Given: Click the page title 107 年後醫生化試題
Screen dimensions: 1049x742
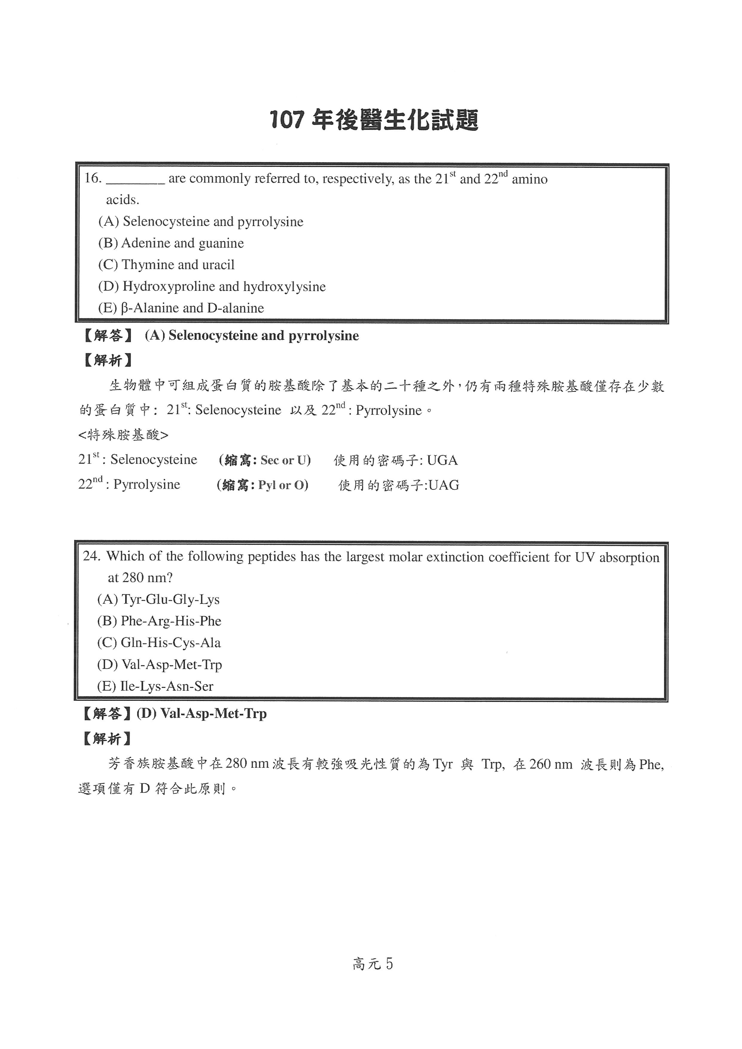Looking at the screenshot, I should [374, 120].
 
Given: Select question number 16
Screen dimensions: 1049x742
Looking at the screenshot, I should [92, 178].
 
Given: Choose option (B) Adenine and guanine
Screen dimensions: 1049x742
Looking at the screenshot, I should [171, 243].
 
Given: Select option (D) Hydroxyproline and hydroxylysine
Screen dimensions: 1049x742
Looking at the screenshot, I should [212, 287].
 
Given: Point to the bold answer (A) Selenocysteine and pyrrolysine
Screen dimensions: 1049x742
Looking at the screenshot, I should [252, 336].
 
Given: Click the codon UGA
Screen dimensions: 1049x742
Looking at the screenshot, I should [442, 460].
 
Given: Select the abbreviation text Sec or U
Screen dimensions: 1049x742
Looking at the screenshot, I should [285, 460].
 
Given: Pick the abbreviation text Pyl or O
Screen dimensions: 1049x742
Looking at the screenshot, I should [283, 485].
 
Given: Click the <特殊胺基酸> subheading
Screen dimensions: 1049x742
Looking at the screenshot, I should [123, 435].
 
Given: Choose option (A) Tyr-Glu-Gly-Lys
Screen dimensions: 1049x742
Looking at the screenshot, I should [158, 600].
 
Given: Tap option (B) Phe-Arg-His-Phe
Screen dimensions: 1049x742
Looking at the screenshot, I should [159, 621].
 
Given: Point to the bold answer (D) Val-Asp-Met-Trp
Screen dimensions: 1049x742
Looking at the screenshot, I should [201, 714].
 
